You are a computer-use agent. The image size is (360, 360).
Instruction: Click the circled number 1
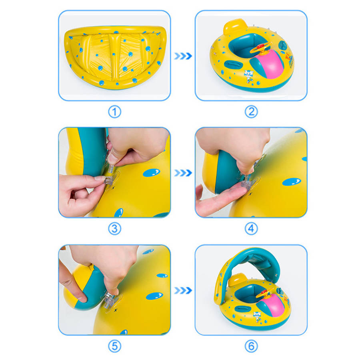point(114,112)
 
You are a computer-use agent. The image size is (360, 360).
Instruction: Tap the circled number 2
point(251,112)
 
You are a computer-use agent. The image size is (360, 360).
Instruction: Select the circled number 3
point(114,229)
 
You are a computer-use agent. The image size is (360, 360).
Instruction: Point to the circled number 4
point(251,229)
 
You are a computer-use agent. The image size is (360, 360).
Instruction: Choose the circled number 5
point(114,346)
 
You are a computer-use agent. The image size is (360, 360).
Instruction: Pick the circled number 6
point(251,346)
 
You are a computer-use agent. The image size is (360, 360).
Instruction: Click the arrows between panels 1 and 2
point(183,56)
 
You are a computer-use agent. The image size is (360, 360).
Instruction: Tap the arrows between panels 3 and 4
point(183,173)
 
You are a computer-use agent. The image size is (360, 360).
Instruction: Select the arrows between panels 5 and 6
point(183,290)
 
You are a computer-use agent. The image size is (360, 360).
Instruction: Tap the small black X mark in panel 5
point(116,310)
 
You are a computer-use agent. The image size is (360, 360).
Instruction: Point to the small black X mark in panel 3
point(113,188)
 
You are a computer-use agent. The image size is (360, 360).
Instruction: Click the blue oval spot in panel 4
point(292,182)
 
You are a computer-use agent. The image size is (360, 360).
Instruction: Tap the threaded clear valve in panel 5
point(109,301)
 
